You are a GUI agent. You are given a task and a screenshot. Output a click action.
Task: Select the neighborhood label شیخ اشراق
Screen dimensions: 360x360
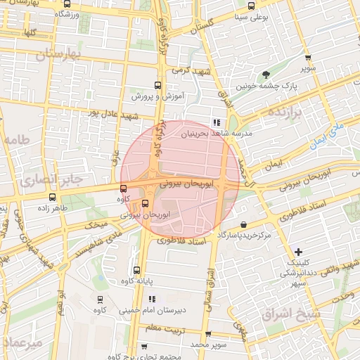[x=290, y=314]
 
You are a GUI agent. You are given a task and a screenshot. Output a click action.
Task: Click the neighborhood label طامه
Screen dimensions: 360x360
[x=18, y=141]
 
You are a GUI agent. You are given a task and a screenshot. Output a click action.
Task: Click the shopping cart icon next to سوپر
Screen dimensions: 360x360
[x=307, y=58]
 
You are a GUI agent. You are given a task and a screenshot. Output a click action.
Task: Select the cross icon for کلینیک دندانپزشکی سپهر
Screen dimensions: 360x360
[x=299, y=252]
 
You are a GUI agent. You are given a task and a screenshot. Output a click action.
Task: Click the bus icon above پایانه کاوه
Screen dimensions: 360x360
[x=136, y=271]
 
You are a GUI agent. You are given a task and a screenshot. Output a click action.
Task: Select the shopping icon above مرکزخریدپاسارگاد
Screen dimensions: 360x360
[x=243, y=225]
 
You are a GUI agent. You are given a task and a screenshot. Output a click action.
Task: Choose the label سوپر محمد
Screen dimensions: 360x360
[x=209, y=345]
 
